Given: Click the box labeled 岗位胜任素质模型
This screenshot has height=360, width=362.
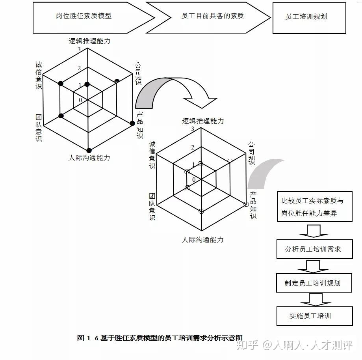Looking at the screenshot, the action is click(x=84, y=16).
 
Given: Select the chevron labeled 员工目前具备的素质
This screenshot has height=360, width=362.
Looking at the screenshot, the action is click(x=212, y=16).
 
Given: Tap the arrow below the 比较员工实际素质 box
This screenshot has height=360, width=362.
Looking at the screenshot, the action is click(x=314, y=231).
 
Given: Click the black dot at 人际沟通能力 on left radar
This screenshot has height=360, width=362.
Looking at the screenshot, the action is click(x=89, y=150).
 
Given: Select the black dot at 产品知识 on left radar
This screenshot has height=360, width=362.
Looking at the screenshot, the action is click(x=132, y=123).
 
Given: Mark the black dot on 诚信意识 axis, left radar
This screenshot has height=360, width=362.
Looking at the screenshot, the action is click(x=61, y=83).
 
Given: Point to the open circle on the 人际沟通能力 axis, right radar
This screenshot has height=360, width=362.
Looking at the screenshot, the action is click(x=201, y=211).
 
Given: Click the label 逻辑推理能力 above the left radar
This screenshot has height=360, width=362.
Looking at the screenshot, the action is click(x=89, y=41).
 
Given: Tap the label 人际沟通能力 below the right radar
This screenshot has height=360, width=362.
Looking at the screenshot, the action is click(x=202, y=239).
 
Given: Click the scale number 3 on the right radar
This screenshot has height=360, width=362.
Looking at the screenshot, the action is click(x=193, y=129).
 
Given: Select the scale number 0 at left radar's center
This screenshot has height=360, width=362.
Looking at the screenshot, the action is click(x=81, y=100).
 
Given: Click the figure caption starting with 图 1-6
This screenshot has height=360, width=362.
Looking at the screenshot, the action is click(x=160, y=338).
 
